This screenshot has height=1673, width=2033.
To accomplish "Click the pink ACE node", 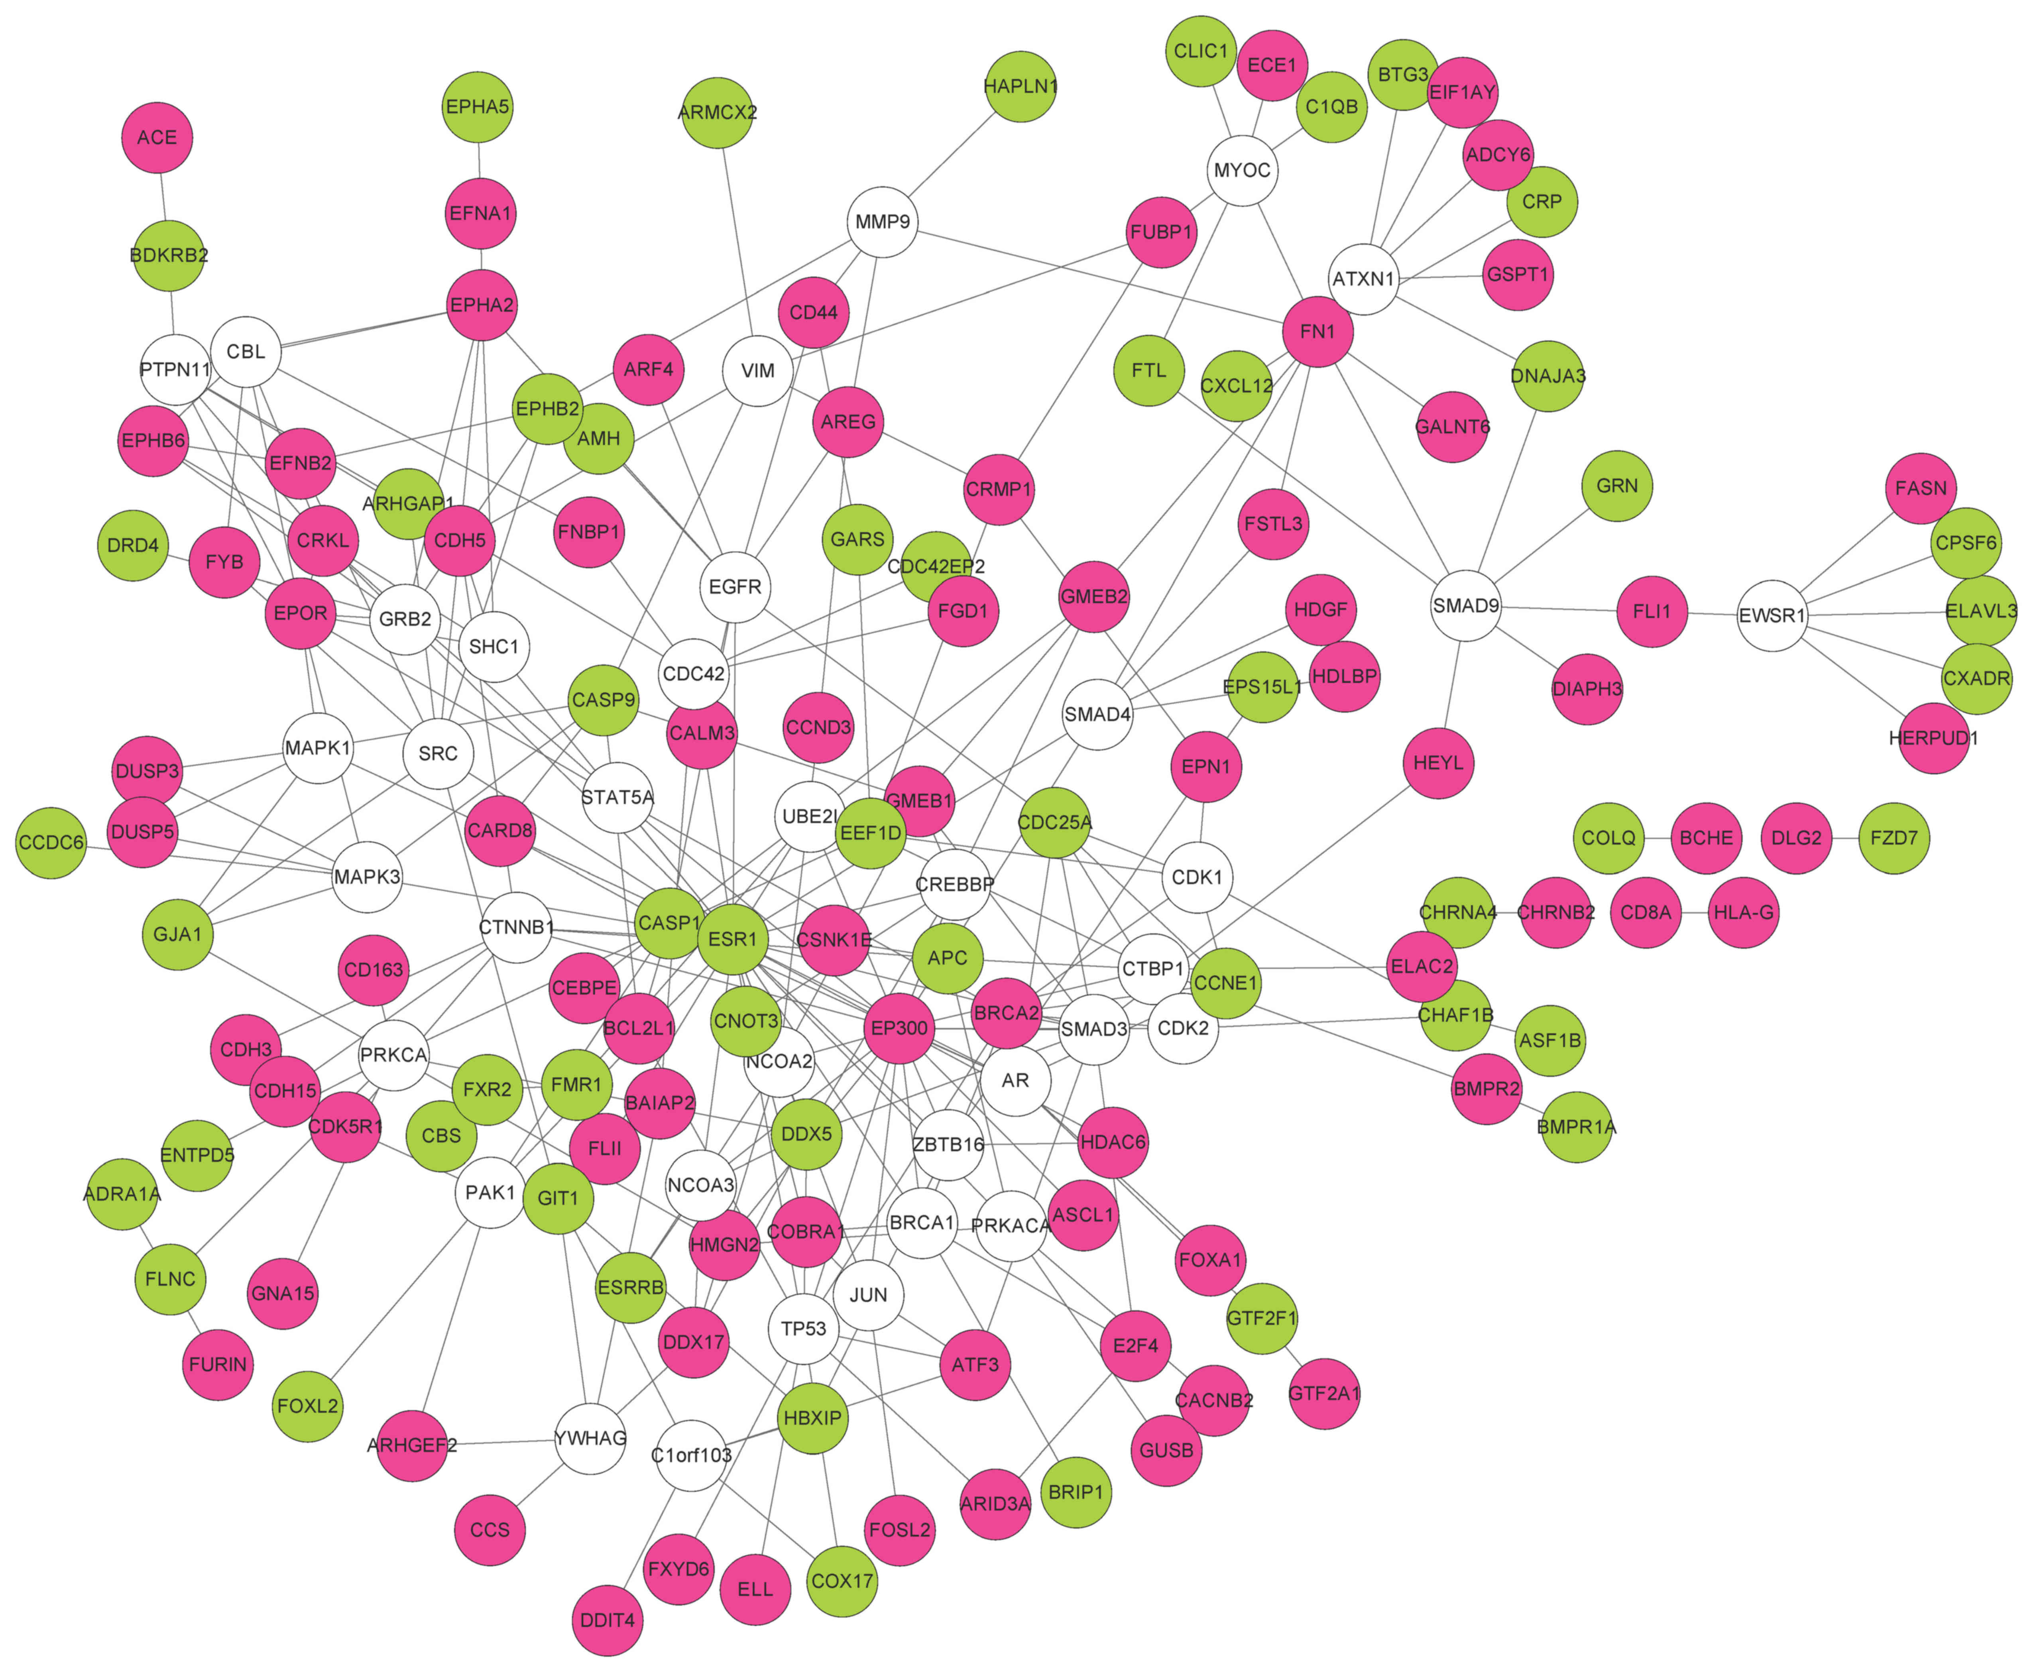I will pyautogui.click(x=157, y=138).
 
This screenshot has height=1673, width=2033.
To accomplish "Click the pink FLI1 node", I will pyautogui.click(x=1652, y=611).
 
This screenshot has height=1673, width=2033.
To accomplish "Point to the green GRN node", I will pyautogui.click(x=1617, y=486).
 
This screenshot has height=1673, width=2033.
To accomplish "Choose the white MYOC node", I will pyautogui.click(x=1242, y=171).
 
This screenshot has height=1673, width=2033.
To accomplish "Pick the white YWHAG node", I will pyautogui.click(x=591, y=1438).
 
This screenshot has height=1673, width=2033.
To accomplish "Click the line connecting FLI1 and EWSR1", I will pyautogui.click(x=1712, y=613).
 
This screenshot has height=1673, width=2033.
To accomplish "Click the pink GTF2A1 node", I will pyautogui.click(x=1324, y=1392).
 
